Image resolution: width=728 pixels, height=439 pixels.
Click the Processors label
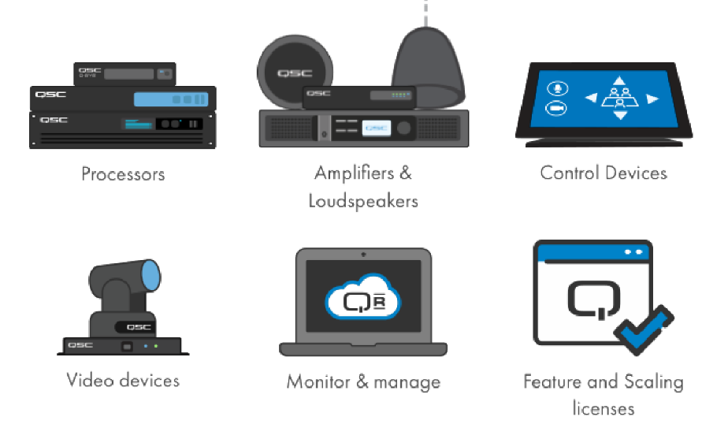[x=123, y=174]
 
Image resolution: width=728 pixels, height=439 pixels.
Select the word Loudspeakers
[x=363, y=201]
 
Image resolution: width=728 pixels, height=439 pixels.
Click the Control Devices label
[x=604, y=173]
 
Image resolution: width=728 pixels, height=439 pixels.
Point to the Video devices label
[x=123, y=380]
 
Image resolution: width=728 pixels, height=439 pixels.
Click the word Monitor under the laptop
[x=318, y=381]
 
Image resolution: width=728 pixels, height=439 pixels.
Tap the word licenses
[x=603, y=409]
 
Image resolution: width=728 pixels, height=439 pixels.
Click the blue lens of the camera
[x=151, y=276]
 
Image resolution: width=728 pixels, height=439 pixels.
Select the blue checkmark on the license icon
[x=644, y=329]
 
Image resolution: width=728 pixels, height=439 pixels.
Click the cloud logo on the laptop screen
[x=363, y=298]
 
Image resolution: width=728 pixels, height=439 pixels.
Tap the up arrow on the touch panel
[x=619, y=81]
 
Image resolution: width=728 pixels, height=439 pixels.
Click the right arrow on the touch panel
[x=653, y=99]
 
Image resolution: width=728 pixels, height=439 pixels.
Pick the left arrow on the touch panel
[x=591, y=98]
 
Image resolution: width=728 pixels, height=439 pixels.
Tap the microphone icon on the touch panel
[x=557, y=87]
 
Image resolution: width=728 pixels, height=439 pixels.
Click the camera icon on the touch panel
[x=555, y=109]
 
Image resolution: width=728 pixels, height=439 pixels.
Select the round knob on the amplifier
[x=404, y=128]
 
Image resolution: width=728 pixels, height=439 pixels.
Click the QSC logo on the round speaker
[x=295, y=73]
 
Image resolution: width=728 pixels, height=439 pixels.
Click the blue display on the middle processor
[x=171, y=99]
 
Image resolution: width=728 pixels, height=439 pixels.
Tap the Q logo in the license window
[x=594, y=300]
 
